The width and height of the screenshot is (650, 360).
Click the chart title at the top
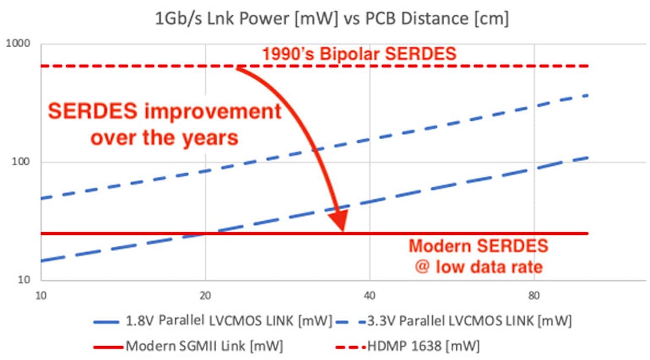coord(332,19)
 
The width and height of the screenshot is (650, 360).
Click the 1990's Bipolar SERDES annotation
coord(360,54)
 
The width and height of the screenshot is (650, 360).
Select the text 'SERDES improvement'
coord(165,112)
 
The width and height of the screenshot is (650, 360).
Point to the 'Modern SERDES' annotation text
coord(478,246)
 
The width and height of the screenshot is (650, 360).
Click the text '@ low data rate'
coord(478,267)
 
